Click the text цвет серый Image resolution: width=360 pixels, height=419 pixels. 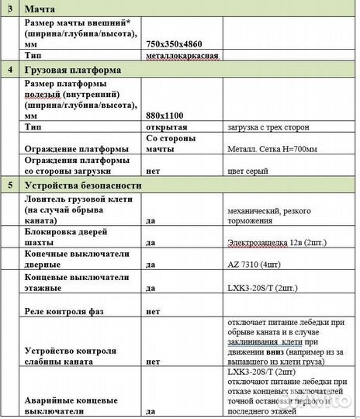(247, 171)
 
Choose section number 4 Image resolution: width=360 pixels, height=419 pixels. (9, 70)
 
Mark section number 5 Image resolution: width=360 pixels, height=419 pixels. (9, 185)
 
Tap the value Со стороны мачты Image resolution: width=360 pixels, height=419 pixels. (168, 143)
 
